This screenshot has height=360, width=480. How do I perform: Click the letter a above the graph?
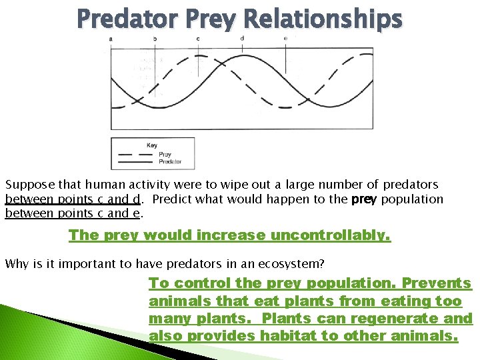pos(111,39)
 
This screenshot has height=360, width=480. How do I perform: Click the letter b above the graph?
pos(155,39)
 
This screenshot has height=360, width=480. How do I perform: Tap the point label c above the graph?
pos(198,39)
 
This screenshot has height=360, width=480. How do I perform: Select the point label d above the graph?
pos(242,38)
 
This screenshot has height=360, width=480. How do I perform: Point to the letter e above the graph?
pos(285,39)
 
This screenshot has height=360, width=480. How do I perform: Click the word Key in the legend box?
pos(152,145)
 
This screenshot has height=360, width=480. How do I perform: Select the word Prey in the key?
pos(165,155)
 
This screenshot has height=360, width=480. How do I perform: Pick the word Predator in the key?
pos(169,162)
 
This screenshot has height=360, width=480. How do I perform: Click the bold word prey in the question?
pos(364,199)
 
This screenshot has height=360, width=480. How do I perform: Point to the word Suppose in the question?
pos(27,185)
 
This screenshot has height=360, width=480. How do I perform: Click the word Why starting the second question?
pos(16,264)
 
